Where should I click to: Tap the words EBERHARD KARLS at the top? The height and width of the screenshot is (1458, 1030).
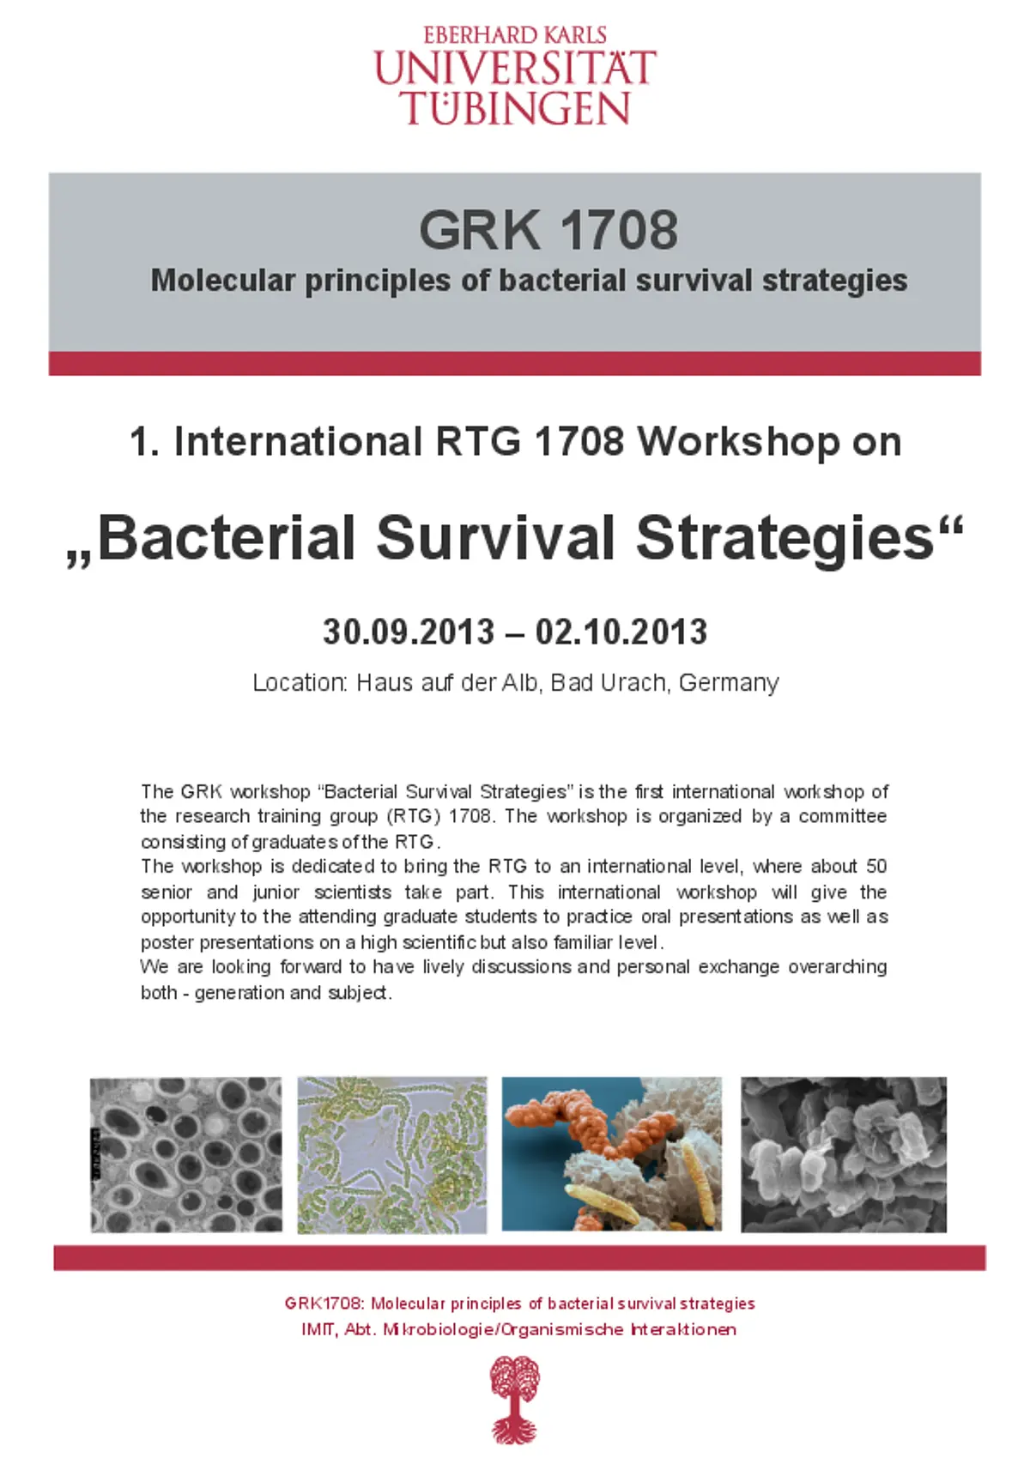[x=515, y=35]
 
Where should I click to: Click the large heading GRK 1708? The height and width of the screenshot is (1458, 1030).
[x=548, y=230]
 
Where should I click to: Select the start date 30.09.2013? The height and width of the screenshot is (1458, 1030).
[x=409, y=632]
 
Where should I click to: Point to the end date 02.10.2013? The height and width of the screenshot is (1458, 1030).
[x=621, y=632]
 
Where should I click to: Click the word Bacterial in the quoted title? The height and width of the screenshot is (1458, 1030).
[x=227, y=539]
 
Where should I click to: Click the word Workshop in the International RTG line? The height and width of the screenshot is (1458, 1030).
[x=738, y=442]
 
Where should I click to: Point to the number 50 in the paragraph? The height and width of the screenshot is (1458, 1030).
[x=876, y=867]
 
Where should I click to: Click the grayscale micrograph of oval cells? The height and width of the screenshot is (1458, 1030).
[x=185, y=1155]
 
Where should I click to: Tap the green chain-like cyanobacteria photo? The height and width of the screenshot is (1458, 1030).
[x=392, y=1155]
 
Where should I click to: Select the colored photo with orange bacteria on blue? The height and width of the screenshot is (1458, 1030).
[x=611, y=1154]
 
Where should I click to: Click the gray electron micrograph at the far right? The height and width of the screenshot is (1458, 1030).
[x=843, y=1154]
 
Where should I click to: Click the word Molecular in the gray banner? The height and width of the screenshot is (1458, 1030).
[x=223, y=281]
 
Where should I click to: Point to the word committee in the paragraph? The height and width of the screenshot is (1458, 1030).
[x=843, y=816]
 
